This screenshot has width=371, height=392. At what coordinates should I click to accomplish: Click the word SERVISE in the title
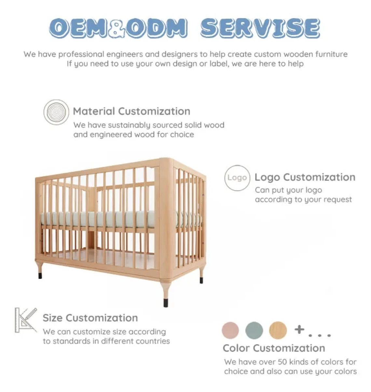point(260,28)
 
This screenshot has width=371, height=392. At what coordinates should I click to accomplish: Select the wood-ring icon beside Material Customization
point(56,112)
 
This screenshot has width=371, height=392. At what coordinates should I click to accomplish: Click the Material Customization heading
point(131,111)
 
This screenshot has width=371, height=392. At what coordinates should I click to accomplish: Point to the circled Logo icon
point(237,178)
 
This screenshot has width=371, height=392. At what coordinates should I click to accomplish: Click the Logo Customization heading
point(305,177)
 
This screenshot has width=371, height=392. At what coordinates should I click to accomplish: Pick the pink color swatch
point(230,330)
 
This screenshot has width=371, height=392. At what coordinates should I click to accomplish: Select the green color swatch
point(254,330)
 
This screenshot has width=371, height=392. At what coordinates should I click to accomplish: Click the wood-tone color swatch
point(278,330)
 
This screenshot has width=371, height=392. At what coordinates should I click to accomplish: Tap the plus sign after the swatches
point(299,329)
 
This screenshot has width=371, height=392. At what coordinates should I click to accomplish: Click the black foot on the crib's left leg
point(40,276)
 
